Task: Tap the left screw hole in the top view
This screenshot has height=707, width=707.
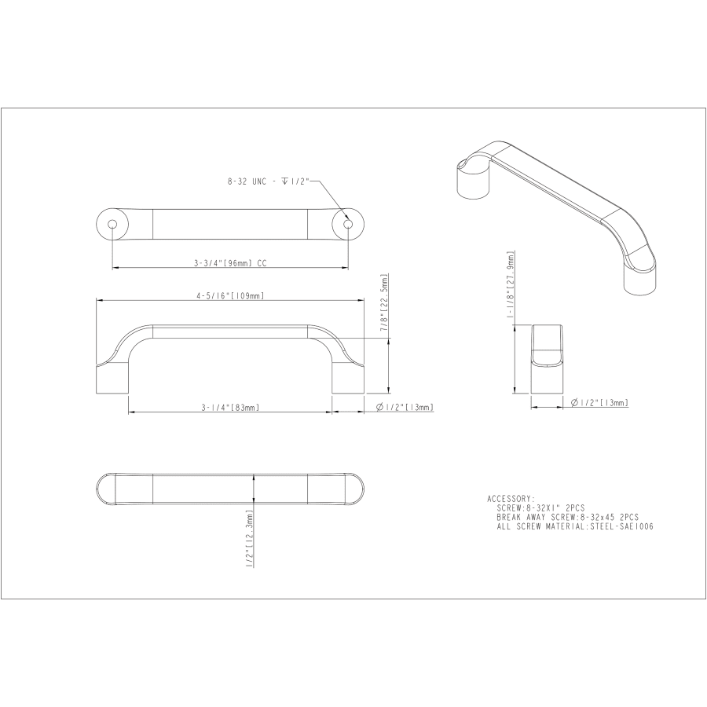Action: pyautogui.click(x=112, y=224)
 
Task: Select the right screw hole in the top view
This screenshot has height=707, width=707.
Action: pyautogui.click(x=347, y=224)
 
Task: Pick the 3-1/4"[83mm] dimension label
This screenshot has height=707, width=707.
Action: pyautogui.click(x=229, y=407)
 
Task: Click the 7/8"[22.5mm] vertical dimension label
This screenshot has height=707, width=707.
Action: pyautogui.click(x=384, y=303)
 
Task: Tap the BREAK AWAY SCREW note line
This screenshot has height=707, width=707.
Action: pyautogui.click(x=567, y=518)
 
